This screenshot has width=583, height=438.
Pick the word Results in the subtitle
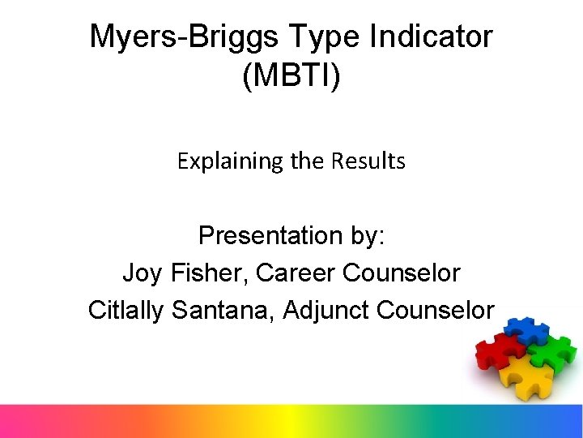(x=368, y=161)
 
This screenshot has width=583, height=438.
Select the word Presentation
(x=270, y=235)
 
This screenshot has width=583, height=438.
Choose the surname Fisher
(x=211, y=273)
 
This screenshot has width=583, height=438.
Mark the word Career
(x=296, y=273)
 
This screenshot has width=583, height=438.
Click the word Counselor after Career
(x=402, y=273)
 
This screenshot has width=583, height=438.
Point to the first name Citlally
(x=126, y=310)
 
